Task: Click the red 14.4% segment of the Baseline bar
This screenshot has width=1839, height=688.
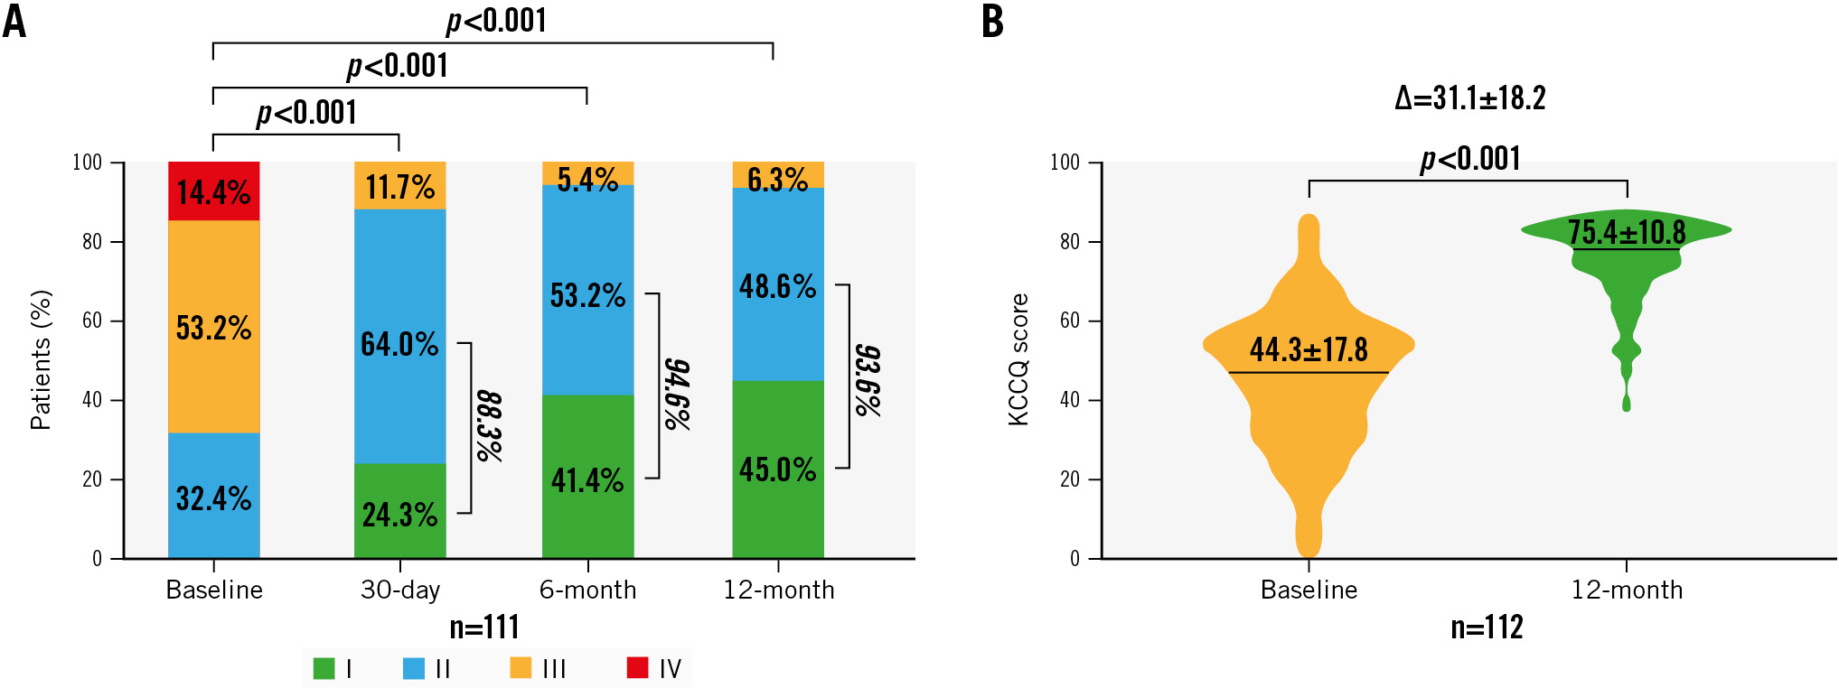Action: point(214,191)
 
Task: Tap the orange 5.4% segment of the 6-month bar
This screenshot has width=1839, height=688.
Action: point(587,174)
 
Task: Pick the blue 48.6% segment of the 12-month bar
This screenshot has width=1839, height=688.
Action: point(777,285)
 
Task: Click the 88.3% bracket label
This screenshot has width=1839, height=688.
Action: point(489,426)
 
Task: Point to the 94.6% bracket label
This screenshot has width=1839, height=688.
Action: point(677,394)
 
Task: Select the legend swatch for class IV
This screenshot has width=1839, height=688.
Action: point(637,668)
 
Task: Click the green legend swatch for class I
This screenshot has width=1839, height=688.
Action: point(324,668)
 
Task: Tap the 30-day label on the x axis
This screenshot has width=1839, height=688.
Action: point(400,590)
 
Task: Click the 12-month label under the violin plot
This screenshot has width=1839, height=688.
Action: point(1627,590)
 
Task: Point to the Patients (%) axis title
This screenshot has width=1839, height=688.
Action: point(41,359)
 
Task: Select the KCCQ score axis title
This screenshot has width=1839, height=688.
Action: point(1018,359)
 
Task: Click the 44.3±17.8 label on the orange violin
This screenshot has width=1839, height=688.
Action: point(1309,349)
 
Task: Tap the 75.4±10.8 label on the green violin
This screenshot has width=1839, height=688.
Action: point(1627,232)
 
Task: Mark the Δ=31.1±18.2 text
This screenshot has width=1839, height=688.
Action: point(1470,98)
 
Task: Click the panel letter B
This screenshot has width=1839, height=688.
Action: point(992,21)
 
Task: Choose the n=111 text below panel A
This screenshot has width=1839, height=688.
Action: point(484,627)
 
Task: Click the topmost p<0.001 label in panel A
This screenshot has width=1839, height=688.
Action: point(496,20)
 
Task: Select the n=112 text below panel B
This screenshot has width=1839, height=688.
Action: point(1487,627)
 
